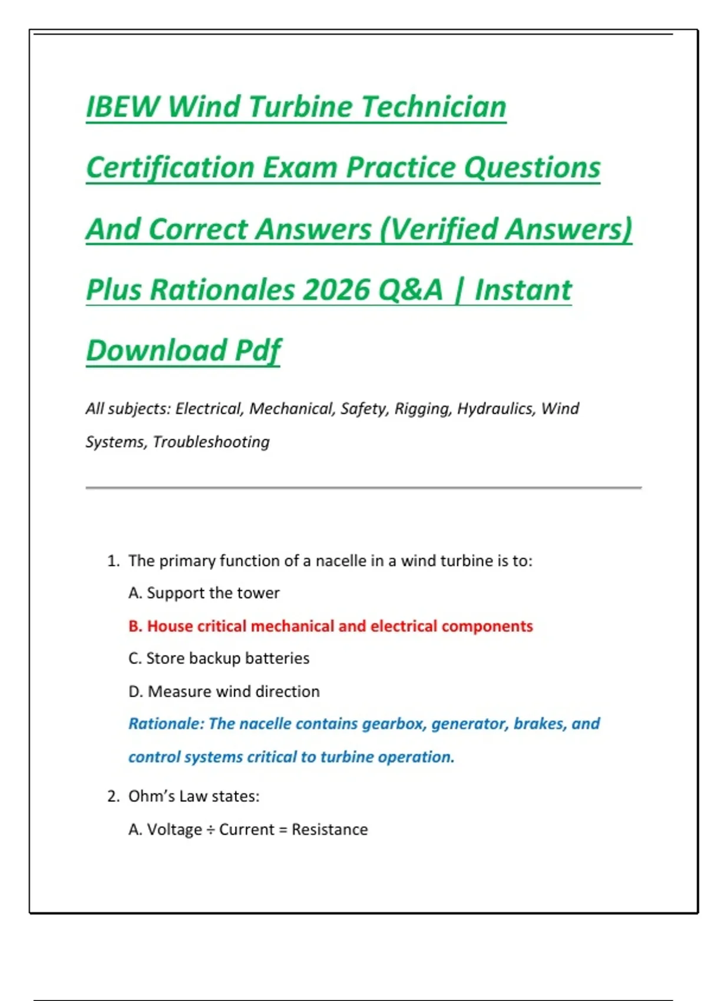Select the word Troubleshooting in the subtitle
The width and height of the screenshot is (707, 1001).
click(x=211, y=442)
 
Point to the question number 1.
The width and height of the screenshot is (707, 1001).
click(x=113, y=561)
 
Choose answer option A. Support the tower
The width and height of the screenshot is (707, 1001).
click(x=204, y=593)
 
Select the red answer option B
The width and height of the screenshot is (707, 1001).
click(x=331, y=626)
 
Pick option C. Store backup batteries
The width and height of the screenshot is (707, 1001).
click(x=219, y=658)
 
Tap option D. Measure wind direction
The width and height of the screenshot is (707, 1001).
click(x=224, y=691)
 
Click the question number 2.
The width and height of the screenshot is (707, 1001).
click(x=113, y=797)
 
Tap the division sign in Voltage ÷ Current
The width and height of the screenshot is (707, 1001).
click(x=211, y=830)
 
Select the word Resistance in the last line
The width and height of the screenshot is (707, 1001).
click(x=329, y=830)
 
